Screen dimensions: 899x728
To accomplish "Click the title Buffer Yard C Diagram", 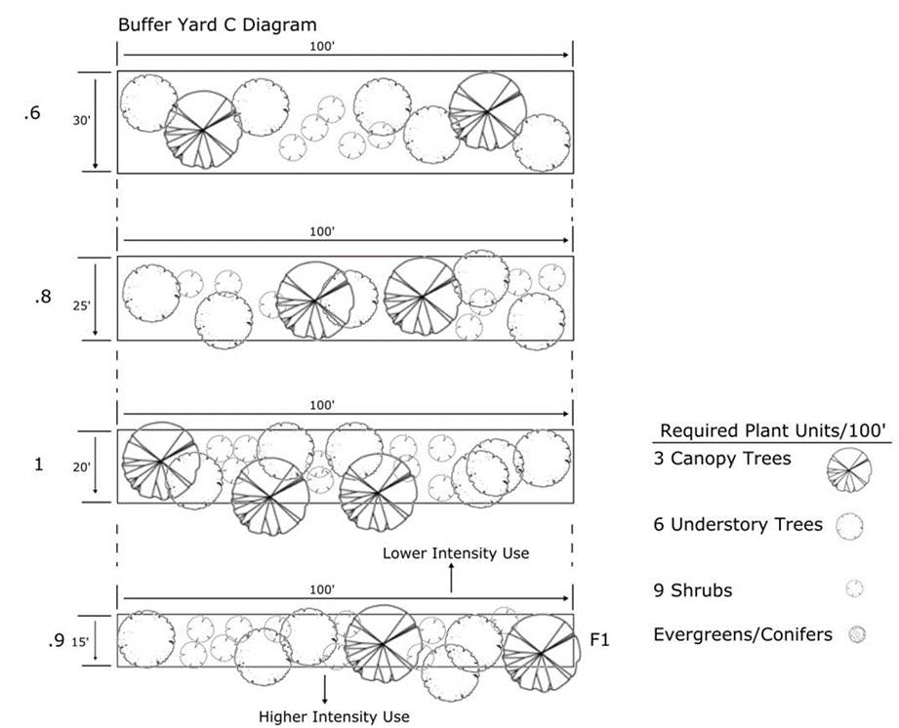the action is click(x=218, y=25).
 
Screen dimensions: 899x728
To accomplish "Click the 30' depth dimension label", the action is click(x=81, y=121).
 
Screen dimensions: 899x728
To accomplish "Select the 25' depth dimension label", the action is click(x=81, y=305).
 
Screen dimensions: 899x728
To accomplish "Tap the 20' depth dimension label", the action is click(x=81, y=467).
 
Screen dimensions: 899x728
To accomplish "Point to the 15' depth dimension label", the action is click(x=80, y=642).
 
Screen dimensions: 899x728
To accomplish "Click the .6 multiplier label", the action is click(x=32, y=113).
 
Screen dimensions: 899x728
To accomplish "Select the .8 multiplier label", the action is click(x=42, y=297).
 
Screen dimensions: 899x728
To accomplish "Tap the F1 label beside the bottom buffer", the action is click(x=599, y=639).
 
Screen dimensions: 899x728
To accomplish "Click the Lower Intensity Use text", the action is click(x=456, y=553).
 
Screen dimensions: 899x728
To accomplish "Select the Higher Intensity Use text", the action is click(x=334, y=716).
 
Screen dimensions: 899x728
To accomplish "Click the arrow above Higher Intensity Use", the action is click(x=324, y=690).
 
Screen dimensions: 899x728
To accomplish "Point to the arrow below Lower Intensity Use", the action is click(x=451, y=578).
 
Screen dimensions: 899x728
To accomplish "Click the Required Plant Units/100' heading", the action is click(x=773, y=430).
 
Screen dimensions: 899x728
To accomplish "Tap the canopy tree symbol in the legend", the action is click(x=848, y=469).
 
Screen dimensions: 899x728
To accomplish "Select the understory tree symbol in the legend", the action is click(x=849, y=527).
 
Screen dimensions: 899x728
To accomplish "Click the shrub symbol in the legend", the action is click(x=855, y=588).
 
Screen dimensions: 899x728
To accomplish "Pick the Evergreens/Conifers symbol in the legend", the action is click(x=857, y=634).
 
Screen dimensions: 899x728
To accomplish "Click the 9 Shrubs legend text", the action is click(x=693, y=590).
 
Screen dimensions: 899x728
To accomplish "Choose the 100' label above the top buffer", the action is click(x=322, y=47).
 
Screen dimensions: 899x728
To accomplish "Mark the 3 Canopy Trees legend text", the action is click(x=722, y=459).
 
